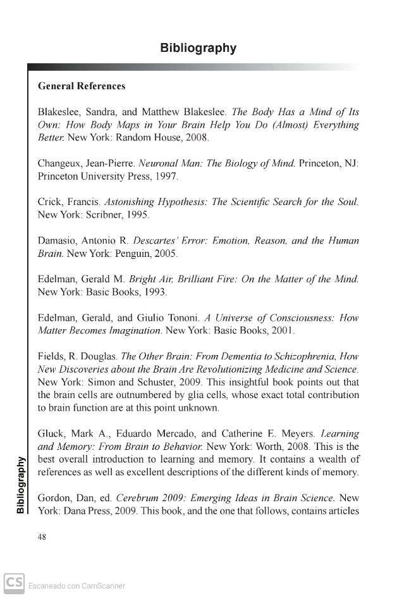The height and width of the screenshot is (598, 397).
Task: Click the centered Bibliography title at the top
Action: click(x=198, y=48)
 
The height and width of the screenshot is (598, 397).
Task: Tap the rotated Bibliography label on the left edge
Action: click(x=20, y=484)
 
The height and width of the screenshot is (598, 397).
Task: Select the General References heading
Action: click(x=82, y=86)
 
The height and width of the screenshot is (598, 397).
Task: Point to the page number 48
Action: click(x=42, y=537)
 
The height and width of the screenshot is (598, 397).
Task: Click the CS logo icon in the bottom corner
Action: click(x=14, y=583)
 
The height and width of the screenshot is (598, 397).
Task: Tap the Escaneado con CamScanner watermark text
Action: click(x=76, y=586)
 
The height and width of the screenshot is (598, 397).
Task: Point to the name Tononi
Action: click(x=183, y=318)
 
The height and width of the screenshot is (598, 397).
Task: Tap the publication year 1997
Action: click(x=167, y=176)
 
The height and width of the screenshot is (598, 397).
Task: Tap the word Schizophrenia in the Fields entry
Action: click(x=304, y=356)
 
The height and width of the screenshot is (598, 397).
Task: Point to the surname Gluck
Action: click(x=51, y=433)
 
